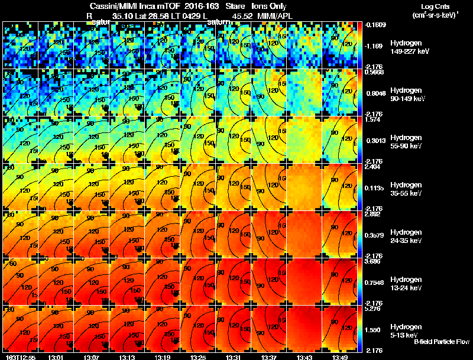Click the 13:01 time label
click(x=56, y=357)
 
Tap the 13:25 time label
click(x=198, y=357)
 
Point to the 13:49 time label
click(x=340, y=357)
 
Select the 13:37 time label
click(x=269, y=357)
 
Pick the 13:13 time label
click(x=127, y=357)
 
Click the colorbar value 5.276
click(x=372, y=307)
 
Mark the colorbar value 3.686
click(x=372, y=260)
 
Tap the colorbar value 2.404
click(x=372, y=167)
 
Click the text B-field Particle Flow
click(x=442, y=342)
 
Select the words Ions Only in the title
click(x=270, y=6)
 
